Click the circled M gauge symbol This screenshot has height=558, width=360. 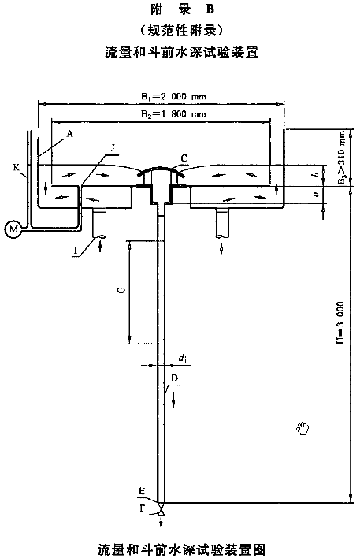tap(13, 229)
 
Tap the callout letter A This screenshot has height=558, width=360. tap(70, 134)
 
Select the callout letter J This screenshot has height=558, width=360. tap(113, 148)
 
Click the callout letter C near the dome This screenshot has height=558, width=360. tap(184, 158)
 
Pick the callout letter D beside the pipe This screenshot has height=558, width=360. tap(175, 378)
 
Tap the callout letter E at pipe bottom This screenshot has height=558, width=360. tap(143, 492)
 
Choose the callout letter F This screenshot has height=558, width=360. tap(143, 508)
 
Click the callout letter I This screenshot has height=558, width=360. tap(76, 251)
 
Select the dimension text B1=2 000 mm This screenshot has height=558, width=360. tap(173, 96)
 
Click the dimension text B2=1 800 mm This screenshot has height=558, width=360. tap(173, 114)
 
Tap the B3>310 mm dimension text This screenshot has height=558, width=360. tap(342, 158)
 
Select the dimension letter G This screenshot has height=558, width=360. tap(121, 291)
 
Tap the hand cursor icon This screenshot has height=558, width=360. tap(303, 428)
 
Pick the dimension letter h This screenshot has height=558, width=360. tap(314, 174)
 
